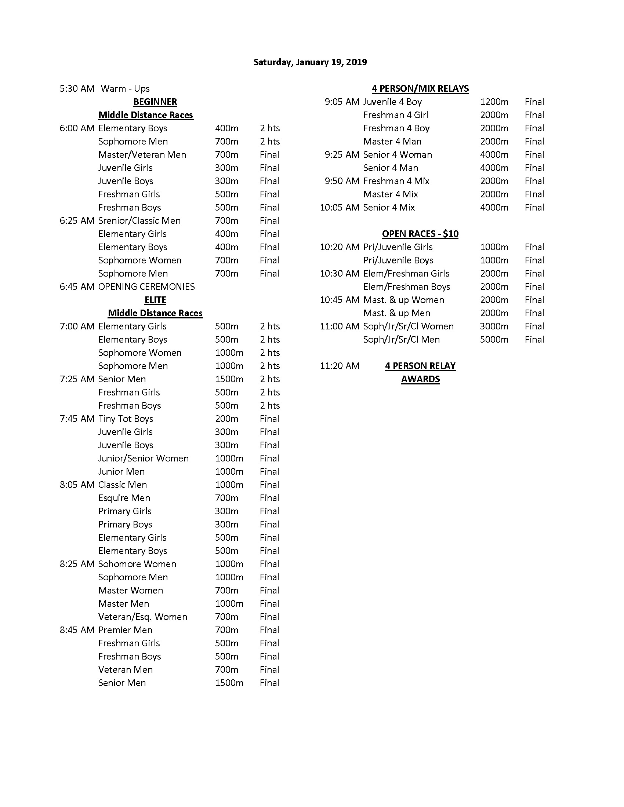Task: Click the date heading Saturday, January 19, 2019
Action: pyautogui.click(x=310, y=62)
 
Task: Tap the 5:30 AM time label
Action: pyautogui.click(x=77, y=89)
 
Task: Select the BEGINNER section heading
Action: pyautogui.click(x=155, y=102)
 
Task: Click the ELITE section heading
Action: pyautogui.click(x=155, y=300)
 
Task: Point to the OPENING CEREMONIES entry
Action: pyautogui.click(x=146, y=287)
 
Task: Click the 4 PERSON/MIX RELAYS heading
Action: pyautogui.click(x=420, y=89)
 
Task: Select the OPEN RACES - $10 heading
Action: pyautogui.click(x=420, y=234)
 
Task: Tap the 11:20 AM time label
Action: pyautogui.click(x=340, y=366)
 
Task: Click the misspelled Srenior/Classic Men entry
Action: pyautogui.click(x=139, y=220)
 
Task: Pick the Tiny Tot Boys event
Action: pyautogui.click(x=126, y=419)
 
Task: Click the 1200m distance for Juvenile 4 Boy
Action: pyautogui.click(x=494, y=102)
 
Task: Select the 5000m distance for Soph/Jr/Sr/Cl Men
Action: pyautogui.click(x=494, y=340)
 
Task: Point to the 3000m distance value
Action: pyautogui.click(x=494, y=326)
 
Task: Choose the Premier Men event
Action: pyautogui.click(x=125, y=630)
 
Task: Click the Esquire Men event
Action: pyautogui.click(x=124, y=498)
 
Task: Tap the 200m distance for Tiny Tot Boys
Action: pyautogui.click(x=226, y=419)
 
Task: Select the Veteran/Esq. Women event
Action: pyautogui.click(x=143, y=617)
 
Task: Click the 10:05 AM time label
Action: pyautogui.click(x=340, y=208)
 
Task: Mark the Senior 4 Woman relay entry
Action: pyautogui.click(x=398, y=155)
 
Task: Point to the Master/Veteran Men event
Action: pyautogui.click(x=142, y=155)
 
